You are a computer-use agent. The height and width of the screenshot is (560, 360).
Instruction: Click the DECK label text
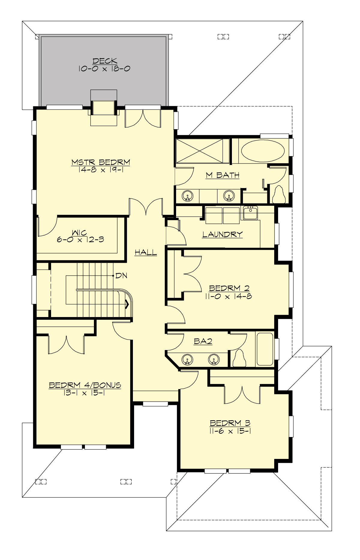click(x=105, y=61)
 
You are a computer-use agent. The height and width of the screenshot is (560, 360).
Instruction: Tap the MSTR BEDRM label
click(x=101, y=162)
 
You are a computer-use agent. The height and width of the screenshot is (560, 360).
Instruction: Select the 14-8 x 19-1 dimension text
click(x=101, y=170)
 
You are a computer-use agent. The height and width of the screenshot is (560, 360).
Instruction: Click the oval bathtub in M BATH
click(x=263, y=151)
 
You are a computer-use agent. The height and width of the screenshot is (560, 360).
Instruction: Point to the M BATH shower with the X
click(x=199, y=151)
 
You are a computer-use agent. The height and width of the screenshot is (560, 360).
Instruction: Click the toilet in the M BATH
click(x=279, y=195)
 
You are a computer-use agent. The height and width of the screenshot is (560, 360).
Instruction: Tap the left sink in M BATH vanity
click(x=187, y=196)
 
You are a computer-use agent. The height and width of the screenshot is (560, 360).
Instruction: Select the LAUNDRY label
click(x=222, y=234)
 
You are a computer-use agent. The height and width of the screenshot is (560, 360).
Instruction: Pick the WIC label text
click(x=79, y=232)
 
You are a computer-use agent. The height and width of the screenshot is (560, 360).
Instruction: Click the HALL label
click(x=145, y=253)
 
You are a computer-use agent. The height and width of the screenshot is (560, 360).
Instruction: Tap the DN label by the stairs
click(x=121, y=276)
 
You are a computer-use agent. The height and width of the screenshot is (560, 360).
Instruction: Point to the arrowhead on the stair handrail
click(x=127, y=305)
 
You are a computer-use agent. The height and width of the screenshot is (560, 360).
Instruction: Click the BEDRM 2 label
click(x=229, y=288)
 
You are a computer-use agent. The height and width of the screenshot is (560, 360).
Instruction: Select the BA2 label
click(x=203, y=341)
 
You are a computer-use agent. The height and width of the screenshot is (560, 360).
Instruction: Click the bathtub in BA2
click(x=265, y=349)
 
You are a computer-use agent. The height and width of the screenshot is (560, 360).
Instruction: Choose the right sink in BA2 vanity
click(x=214, y=359)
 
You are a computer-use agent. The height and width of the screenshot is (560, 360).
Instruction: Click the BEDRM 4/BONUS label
click(x=85, y=385)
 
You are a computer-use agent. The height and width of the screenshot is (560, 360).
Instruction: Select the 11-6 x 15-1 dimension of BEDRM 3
click(x=230, y=431)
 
